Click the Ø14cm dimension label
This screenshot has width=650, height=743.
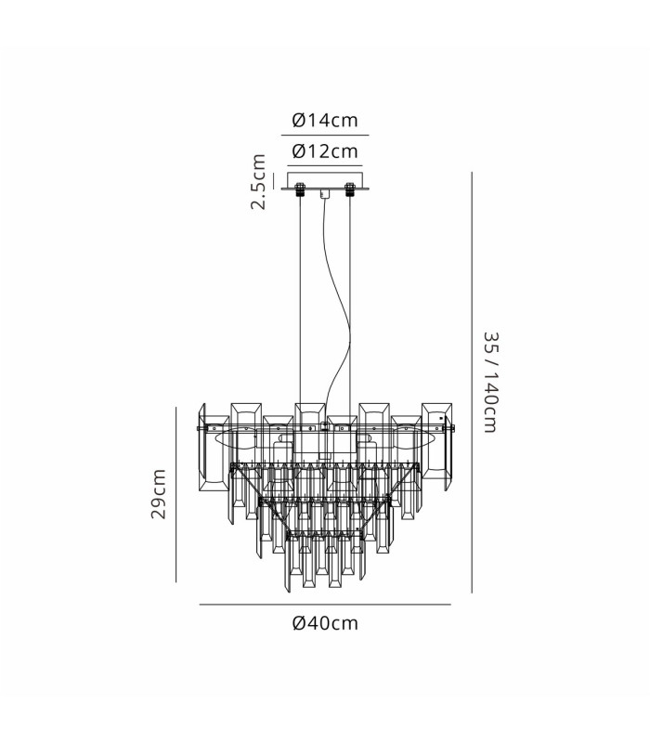(325, 120)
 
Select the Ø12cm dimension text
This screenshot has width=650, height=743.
(325, 151)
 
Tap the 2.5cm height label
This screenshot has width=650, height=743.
(259, 181)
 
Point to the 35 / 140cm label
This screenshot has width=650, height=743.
(491, 382)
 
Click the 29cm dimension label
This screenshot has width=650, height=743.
(158, 494)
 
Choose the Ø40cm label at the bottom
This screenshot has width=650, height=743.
(325, 622)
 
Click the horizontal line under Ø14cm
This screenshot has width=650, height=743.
(325, 135)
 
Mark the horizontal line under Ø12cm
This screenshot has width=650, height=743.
(325, 166)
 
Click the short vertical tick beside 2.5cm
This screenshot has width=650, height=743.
(274, 181)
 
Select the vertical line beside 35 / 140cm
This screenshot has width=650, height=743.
(472, 382)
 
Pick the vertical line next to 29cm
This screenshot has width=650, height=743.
(175, 494)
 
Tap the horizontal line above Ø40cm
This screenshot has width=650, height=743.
(325, 605)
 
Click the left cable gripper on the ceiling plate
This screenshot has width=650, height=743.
(300, 189)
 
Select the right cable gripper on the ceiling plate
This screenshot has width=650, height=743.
(350, 189)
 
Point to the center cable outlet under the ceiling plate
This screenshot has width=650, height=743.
(325, 193)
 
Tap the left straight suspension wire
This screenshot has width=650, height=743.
(300, 299)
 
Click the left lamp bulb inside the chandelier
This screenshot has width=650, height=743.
(232, 439)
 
